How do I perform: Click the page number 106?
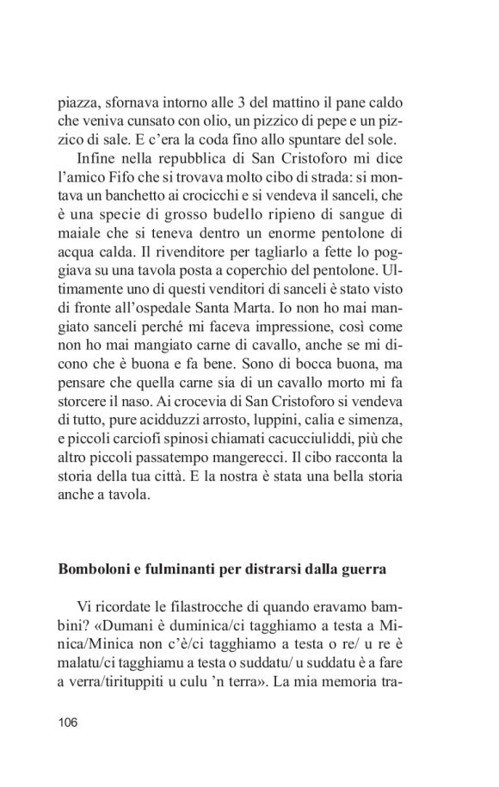click(x=69, y=722)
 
